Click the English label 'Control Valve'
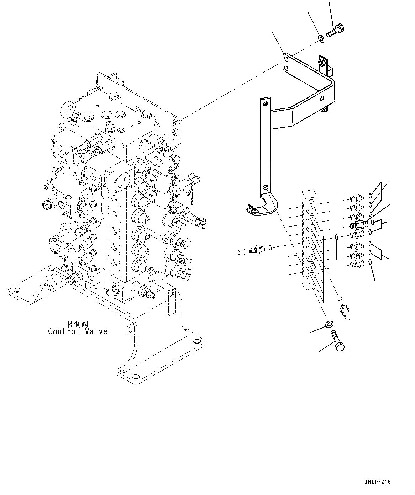[78, 331]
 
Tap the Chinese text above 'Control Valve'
[77, 324]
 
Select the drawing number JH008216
[377, 482]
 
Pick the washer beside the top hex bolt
[321, 38]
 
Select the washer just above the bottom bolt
[329, 324]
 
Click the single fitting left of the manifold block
[256, 250]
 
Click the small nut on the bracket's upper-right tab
[321, 63]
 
